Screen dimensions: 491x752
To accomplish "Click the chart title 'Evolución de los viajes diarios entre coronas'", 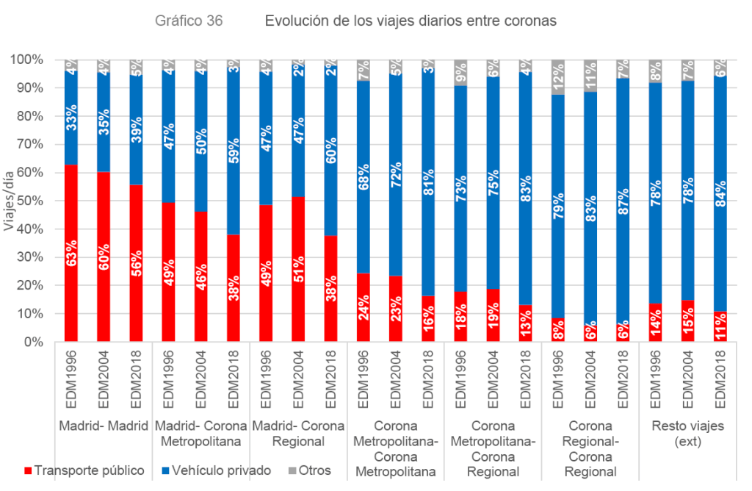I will pos(411,21).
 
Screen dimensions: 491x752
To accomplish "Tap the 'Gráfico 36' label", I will pos(189,21).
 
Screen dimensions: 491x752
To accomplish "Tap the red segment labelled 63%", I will pos(72,253).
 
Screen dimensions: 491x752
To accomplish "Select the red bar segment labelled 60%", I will pos(104,257).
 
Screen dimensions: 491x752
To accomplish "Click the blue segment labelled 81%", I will pos(428,184).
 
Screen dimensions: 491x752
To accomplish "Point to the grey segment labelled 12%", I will pos(558,76).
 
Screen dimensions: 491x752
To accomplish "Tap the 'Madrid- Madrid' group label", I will pos(104,426).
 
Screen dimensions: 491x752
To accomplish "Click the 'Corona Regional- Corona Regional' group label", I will pos(590,448).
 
